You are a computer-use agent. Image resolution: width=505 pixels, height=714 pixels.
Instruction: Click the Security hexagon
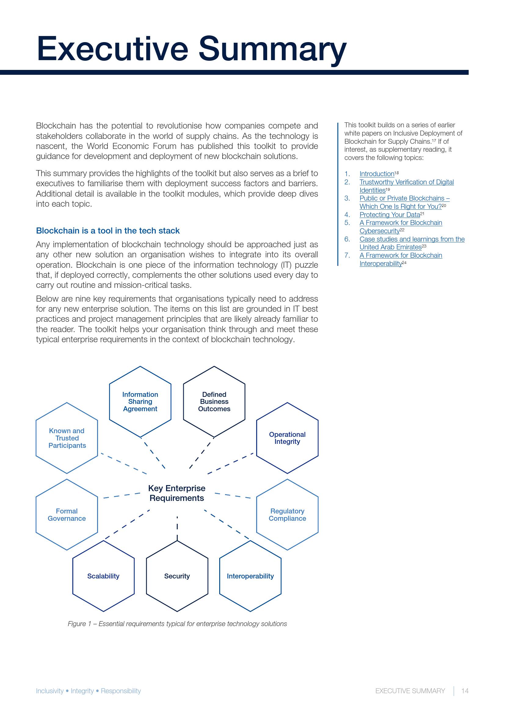(x=177, y=576)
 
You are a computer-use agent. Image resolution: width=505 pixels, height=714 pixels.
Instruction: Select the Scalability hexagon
(x=103, y=576)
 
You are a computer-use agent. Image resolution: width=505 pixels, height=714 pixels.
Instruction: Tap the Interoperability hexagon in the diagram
(x=250, y=576)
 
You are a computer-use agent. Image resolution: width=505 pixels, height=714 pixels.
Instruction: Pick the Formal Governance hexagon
(x=67, y=515)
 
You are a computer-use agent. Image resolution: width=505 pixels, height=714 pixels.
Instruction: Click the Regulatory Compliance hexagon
(x=287, y=515)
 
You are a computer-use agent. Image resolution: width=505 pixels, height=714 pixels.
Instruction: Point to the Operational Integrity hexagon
(x=287, y=438)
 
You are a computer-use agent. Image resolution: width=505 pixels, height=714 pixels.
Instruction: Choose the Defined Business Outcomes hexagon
(x=214, y=401)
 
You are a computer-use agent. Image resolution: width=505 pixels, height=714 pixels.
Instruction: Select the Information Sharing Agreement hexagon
(x=140, y=401)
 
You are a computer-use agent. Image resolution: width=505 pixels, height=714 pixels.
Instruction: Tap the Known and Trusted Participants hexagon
(x=67, y=438)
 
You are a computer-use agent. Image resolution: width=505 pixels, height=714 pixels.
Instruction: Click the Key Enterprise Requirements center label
(x=176, y=493)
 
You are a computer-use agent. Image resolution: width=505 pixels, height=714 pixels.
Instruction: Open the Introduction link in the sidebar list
(x=377, y=174)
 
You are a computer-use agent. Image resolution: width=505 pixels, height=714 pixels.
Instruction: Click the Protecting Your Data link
(x=390, y=215)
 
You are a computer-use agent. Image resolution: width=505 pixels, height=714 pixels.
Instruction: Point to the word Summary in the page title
(x=272, y=49)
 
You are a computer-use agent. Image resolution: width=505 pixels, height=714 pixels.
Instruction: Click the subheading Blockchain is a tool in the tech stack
(x=108, y=231)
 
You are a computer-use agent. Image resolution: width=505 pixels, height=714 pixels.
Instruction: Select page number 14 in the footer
(x=465, y=691)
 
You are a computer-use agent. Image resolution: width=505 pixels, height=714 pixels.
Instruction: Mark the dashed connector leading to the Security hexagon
(x=177, y=528)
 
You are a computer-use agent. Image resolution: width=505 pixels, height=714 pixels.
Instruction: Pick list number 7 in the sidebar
(x=347, y=255)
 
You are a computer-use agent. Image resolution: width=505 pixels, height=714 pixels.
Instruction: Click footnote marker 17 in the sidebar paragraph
(x=434, y=140)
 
